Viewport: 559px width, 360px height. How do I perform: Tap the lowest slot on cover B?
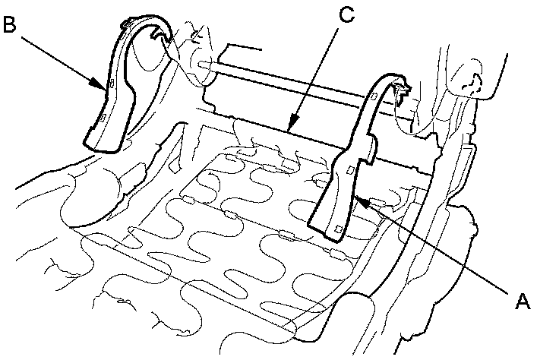coord(102,118)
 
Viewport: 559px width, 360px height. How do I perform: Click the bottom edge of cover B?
coord(103,150)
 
